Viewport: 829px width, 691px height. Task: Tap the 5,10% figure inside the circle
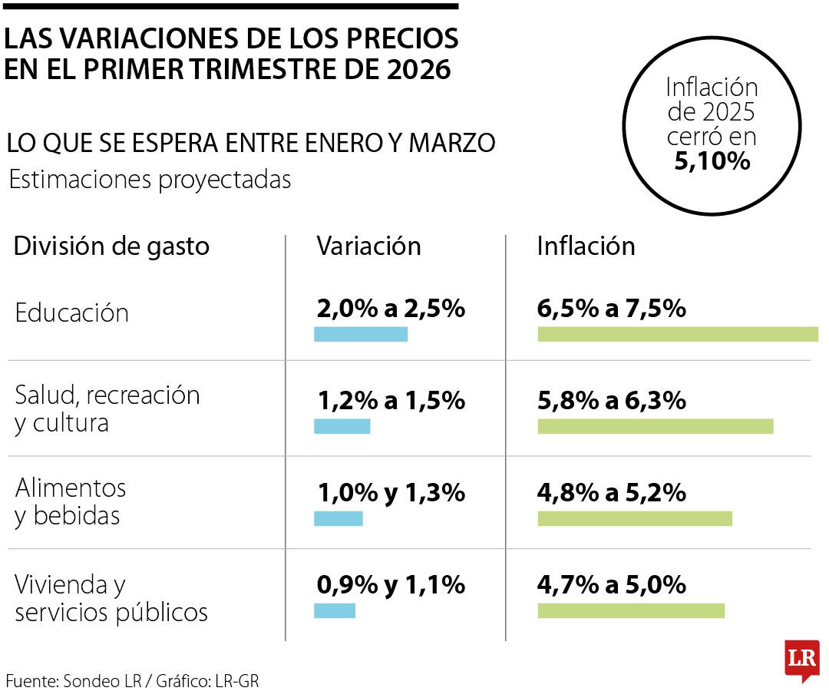[x=712, y=162]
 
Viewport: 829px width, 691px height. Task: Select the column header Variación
[x=369, y=246]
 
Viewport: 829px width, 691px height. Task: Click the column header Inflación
[x=586, y=246]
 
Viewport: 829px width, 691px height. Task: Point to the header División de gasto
[x=112, y=246]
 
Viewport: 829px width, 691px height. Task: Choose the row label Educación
[x=72, y=312]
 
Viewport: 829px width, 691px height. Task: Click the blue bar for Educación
[x=361, y=333]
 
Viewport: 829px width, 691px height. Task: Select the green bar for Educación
[x=678, y=333]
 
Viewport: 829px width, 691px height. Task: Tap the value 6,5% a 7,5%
[x=611, y=309]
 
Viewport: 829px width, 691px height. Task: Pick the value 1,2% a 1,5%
[x=391, y=400]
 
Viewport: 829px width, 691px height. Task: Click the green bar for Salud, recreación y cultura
[x=656, y=426]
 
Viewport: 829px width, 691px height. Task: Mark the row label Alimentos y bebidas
[x=70, y=501]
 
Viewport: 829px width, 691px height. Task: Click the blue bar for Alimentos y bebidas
[x=339, y=518]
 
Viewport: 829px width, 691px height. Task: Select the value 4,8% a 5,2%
[x=611, y=492]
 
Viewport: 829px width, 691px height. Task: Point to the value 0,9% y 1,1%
[x=391, y=585]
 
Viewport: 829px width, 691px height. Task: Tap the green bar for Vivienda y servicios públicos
[x=631, y=610]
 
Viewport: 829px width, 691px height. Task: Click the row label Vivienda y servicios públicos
[x=111, y=599]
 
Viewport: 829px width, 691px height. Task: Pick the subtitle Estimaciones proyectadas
[x=150, y=180]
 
